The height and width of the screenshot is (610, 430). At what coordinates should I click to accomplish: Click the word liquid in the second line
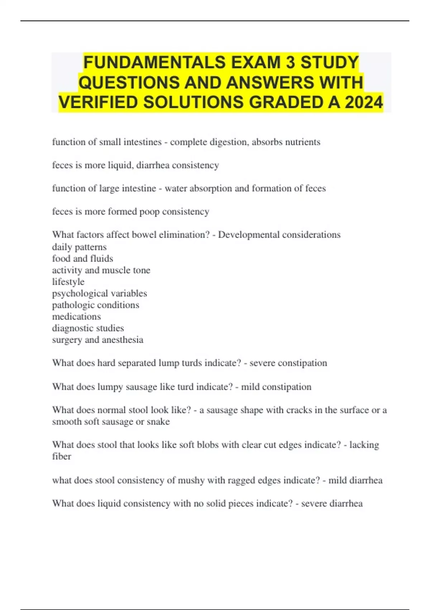(x=121, y=165)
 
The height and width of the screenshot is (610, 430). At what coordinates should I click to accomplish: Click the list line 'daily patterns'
(x=79, y=247)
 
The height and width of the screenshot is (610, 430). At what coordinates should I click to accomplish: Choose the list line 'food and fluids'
(x=82, y=259)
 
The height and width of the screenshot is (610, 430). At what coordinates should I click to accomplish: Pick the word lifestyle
(x=68, y=282)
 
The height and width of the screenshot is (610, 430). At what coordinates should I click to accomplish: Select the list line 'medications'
(x=76, y=316)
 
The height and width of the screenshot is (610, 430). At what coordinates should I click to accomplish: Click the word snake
(x=158, y=422)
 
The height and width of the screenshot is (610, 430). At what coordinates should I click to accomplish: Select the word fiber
(x=61, y=456)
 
